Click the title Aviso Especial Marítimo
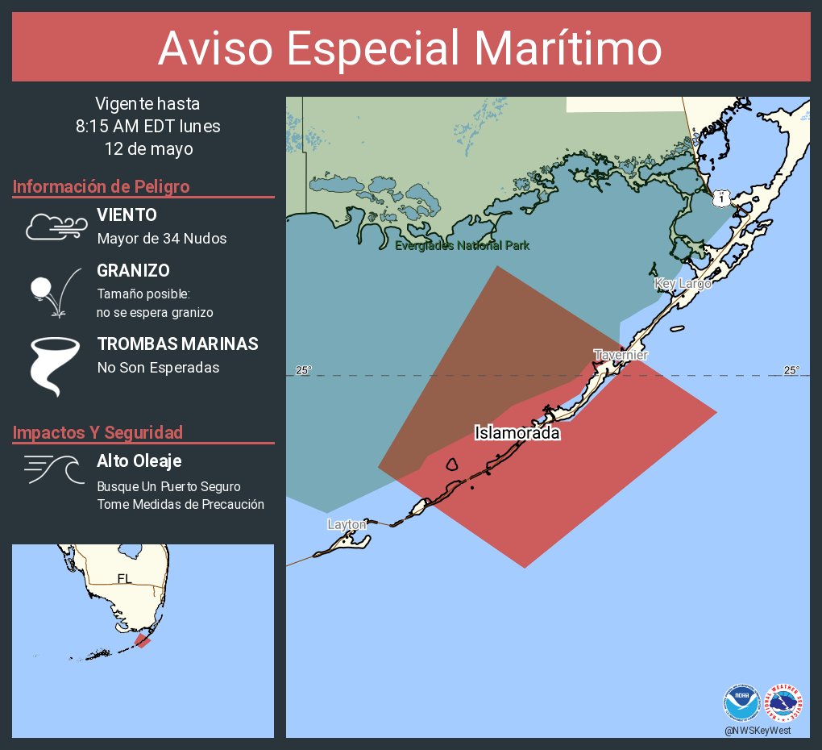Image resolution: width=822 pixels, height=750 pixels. (x=410, y=48)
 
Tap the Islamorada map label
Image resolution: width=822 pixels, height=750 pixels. (x=517, y=433)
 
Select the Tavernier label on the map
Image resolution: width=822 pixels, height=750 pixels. (x=621, y=355)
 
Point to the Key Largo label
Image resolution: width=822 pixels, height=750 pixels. (x=683, y=283)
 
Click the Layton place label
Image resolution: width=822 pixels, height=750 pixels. (x=347, y=524)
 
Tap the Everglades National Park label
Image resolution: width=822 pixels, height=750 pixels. (x=462, y=245)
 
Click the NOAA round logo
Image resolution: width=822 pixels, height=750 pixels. (x=741, y=702)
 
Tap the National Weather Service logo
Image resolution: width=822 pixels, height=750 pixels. (x=784, y=702)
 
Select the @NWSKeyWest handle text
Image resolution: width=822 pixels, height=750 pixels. (x=757, y=730)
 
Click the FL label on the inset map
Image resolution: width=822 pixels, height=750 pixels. (x=124, y=577)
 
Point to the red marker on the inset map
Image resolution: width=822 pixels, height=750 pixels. (x=143, y=640)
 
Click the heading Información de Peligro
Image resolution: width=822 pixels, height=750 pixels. (x=101, y=186)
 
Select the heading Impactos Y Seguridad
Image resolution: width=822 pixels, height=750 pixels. (x=98, y=432)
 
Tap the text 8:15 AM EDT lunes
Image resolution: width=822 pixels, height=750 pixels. (x=147, y=127)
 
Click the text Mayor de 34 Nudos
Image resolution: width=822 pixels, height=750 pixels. (x=161, y=238)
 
